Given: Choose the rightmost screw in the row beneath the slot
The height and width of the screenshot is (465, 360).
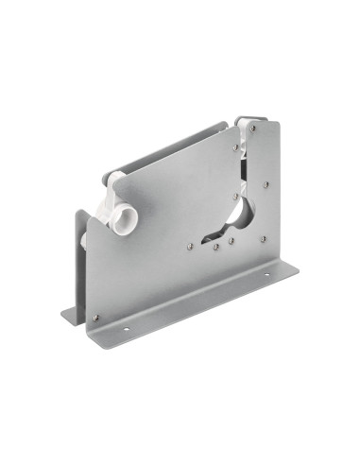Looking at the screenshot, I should (264, 237).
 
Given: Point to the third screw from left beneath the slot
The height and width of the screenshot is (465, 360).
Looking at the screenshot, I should (231, 239).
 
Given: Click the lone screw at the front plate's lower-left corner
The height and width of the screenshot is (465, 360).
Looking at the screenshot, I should (94, 317).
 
